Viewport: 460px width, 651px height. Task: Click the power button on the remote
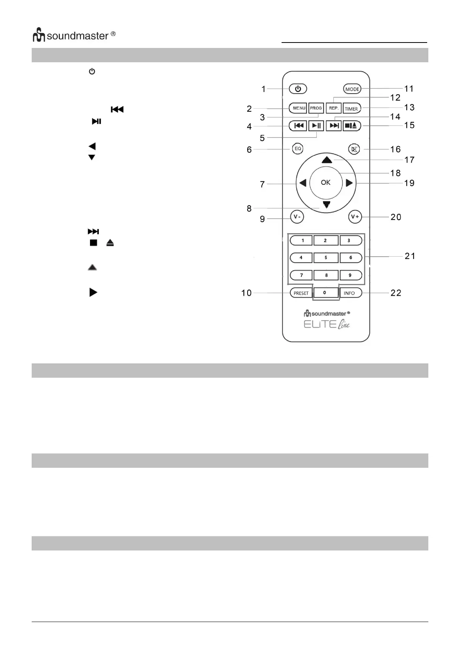(298, 89)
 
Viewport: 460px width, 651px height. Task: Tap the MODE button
(352, 89)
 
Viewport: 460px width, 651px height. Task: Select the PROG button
(316, 108)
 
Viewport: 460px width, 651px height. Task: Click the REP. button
(334, 108)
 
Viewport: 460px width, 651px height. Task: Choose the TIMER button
(351, 109)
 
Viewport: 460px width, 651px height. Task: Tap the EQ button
(298, 149)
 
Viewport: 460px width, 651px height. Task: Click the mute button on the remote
(354, 149)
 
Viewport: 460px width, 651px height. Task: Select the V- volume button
(297, 217)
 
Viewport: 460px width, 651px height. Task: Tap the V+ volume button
(355, 217)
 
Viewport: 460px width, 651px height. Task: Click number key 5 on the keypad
(326, 257)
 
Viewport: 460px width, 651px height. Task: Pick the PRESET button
(301, 293)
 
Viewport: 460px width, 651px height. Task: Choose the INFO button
(350, 293)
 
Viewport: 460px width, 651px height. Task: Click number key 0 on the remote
(325, 293)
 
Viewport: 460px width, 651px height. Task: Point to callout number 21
(410, 256)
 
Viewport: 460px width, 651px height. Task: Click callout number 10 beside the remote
(246, 293)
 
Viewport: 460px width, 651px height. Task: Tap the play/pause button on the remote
(316, 126)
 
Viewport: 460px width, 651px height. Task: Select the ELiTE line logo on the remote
(327, 324)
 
